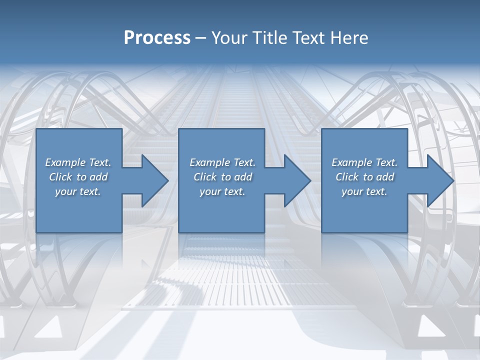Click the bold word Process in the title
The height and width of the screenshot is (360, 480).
click(x=157, y=38)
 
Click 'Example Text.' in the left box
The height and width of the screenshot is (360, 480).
click(x=78, y=162)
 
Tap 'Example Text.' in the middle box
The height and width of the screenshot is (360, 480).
click(x=222, y=162)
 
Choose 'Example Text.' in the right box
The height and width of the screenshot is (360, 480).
click(x=364, y=162)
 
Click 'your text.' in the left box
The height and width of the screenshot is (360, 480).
click(x=78, y=191)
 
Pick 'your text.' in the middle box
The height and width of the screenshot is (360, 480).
click(x=222, y=191)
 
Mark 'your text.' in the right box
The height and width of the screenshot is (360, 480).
click(x=364, y=191)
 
